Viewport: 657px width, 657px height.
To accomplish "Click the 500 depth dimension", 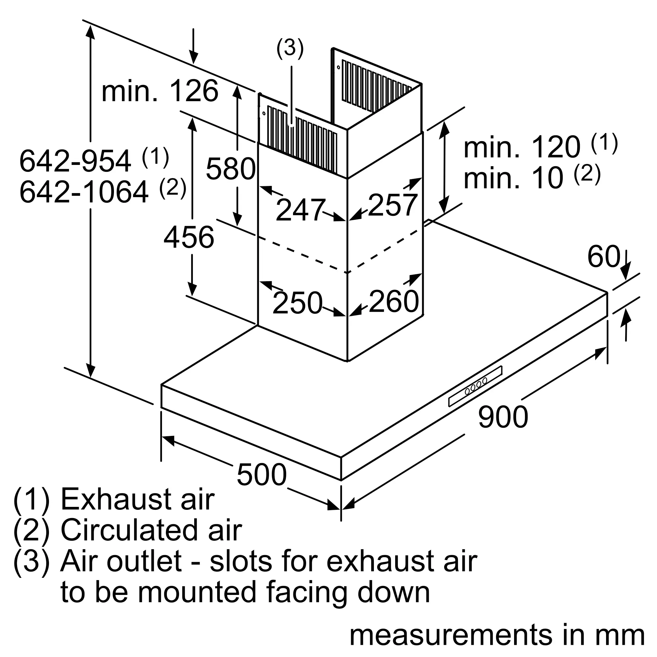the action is [261, 475].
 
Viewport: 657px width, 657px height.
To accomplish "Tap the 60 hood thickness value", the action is [603, 257].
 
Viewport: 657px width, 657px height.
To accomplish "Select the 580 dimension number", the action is [231, 169].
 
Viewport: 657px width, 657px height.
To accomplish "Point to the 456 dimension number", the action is [189, 237].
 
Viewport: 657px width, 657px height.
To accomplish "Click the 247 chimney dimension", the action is [300, 210].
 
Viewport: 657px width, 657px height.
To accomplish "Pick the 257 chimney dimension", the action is [393, 205].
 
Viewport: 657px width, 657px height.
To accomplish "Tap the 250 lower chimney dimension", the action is [297, 303].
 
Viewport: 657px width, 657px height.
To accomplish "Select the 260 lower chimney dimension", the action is [394, 301].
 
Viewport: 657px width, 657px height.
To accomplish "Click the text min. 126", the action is [160, 91].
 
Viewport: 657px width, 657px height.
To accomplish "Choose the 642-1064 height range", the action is [84, 192].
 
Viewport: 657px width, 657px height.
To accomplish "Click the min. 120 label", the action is [522, 147].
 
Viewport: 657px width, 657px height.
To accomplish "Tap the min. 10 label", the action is [513, 178].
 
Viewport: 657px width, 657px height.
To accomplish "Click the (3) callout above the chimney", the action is [290, 48].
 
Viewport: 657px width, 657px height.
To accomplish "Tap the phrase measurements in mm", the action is [497, 635].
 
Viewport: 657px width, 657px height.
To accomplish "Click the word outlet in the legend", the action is [144, 561].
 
